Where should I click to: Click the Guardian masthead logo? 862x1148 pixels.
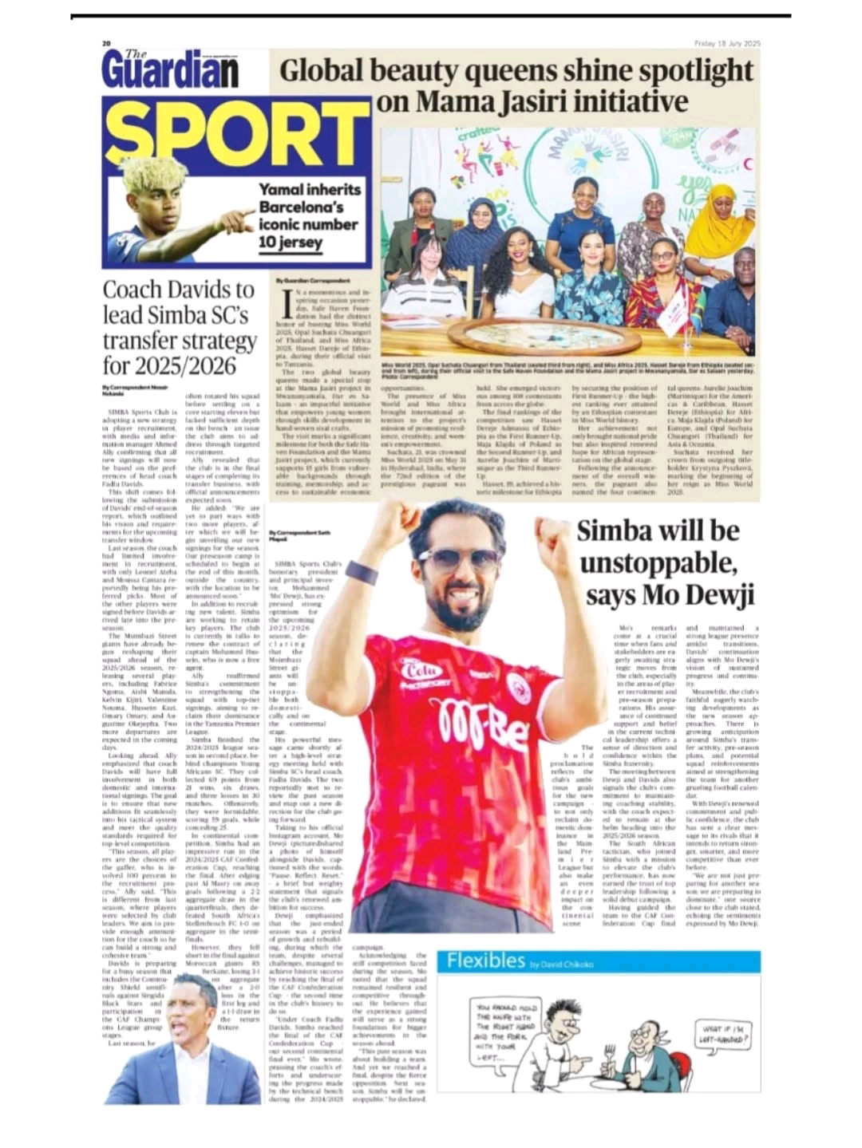(x=170, y=70)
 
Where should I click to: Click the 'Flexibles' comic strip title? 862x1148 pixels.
(x=485, y=960)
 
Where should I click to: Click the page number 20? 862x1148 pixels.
(x=105, y=43)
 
